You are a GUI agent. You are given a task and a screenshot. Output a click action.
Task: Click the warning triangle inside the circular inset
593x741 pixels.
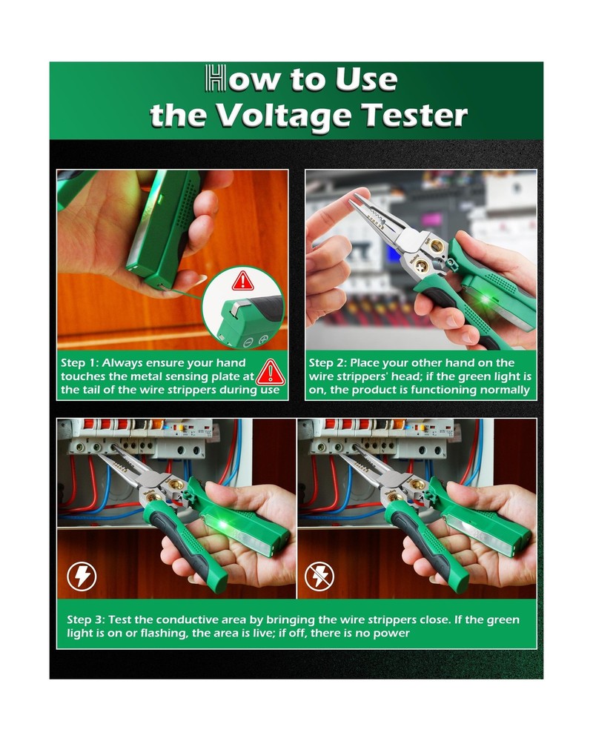click(x=242, y=281)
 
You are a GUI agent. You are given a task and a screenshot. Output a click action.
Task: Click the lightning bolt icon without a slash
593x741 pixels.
click(x=82, y=576)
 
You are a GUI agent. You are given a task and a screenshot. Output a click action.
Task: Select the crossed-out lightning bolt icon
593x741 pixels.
click(x=320, y=576)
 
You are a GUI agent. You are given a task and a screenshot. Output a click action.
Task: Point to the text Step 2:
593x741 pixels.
click(x=327, y=363)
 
